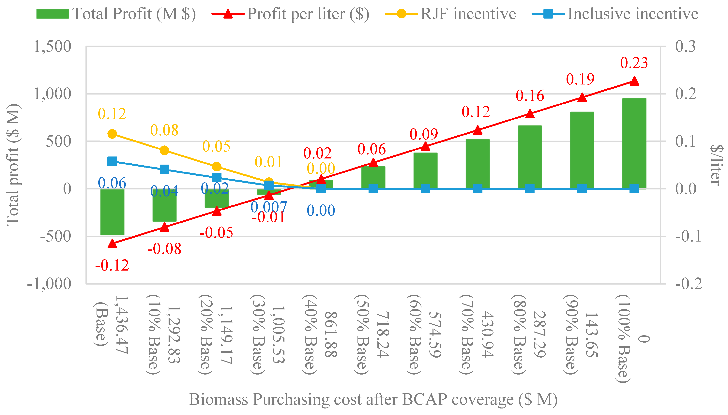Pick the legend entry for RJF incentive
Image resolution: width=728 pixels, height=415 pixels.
[x=450, y=14]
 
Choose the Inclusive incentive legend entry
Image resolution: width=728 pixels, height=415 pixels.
[x=615, y=14]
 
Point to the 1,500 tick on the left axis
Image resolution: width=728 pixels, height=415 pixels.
[x=53, y=46]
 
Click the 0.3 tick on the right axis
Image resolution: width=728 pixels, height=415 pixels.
[x=685, y=46]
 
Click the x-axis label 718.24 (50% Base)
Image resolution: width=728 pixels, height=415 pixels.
[x=372, y=334]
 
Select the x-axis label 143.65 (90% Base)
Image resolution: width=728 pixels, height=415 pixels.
[x=581, y=334]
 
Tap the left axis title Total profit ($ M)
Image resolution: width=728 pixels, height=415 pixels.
[x=13, y=165]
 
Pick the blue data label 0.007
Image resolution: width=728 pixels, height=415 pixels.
[x=268, y=207]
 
